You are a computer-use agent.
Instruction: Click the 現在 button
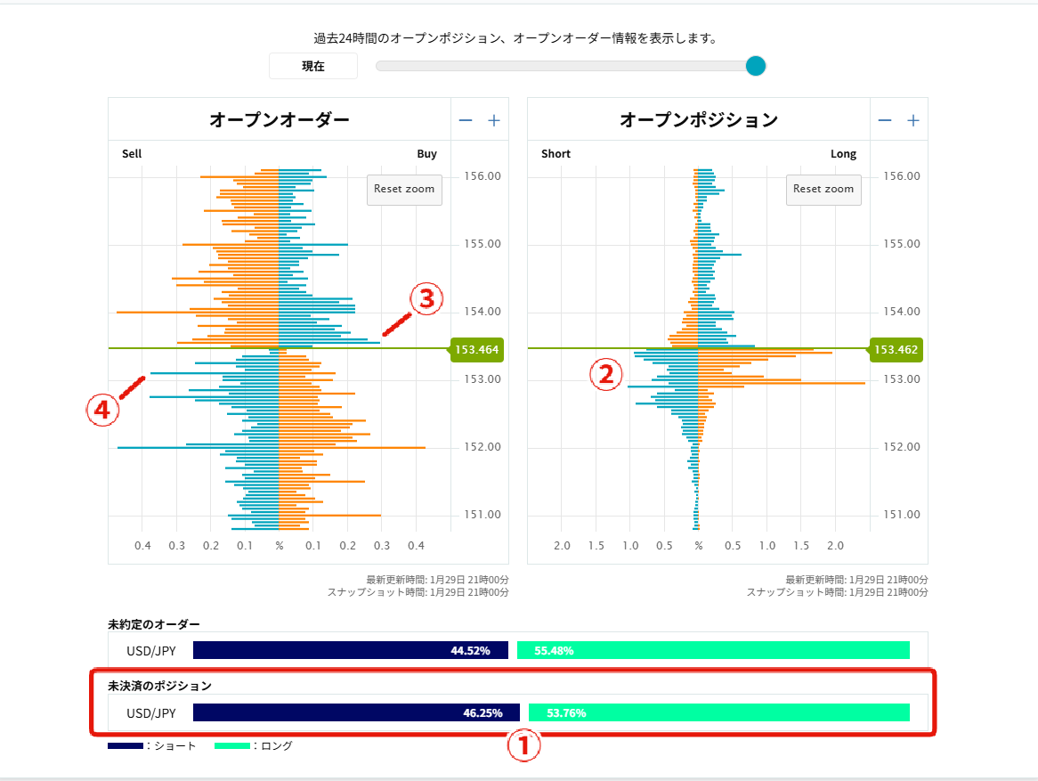point(313,66)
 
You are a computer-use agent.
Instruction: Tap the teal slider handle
point(756,66)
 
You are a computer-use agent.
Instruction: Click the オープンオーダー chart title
point(280,119)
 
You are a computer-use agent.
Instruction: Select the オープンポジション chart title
point(699,119)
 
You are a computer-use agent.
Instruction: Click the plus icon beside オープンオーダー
point(494,121)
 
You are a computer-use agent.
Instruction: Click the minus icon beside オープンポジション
point(885,121)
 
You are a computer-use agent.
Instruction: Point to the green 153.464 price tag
point(476,350)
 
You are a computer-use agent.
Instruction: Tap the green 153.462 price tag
point(896,350)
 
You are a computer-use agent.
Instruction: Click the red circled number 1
point(523,746)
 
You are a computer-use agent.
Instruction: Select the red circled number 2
point(605,375)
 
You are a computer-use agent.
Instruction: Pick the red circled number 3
point(426,299)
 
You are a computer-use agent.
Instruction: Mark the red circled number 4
point(102,410)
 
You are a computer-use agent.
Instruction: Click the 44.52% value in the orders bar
point(470,651)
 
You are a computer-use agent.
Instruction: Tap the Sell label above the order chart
point(132,154)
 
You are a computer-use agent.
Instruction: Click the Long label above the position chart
point(843,154)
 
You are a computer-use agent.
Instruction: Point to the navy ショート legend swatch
point(125,745)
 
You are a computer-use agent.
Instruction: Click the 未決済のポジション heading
point(160,686)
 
